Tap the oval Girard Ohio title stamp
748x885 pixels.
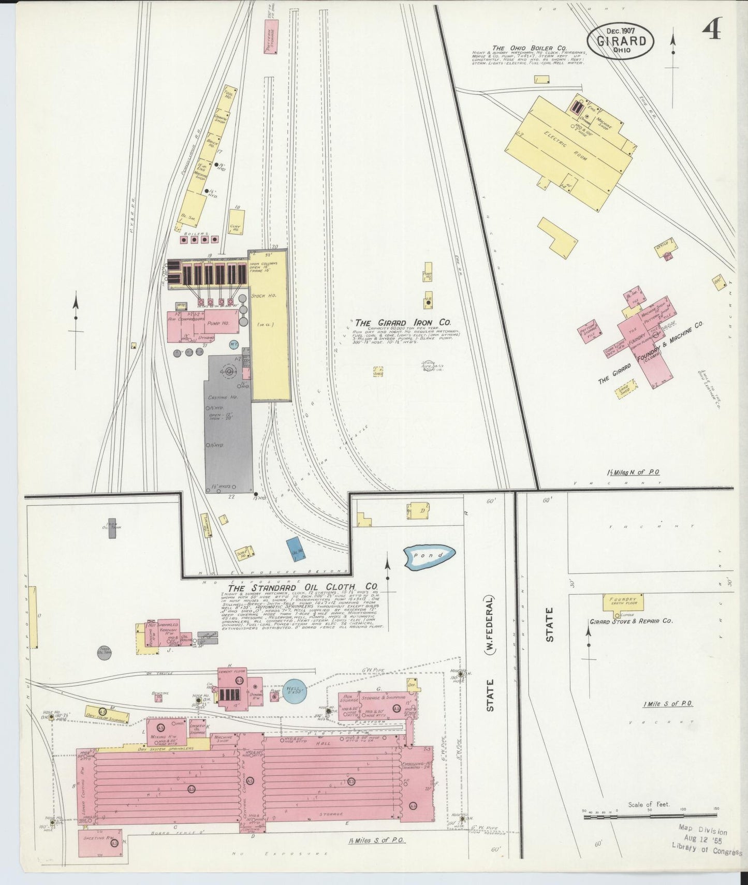click(x=620, y=42)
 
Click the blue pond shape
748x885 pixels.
click(x=430, y=556)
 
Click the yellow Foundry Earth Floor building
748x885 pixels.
click(x=623, y=603)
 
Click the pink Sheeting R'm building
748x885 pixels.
click(x=100, y=842)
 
